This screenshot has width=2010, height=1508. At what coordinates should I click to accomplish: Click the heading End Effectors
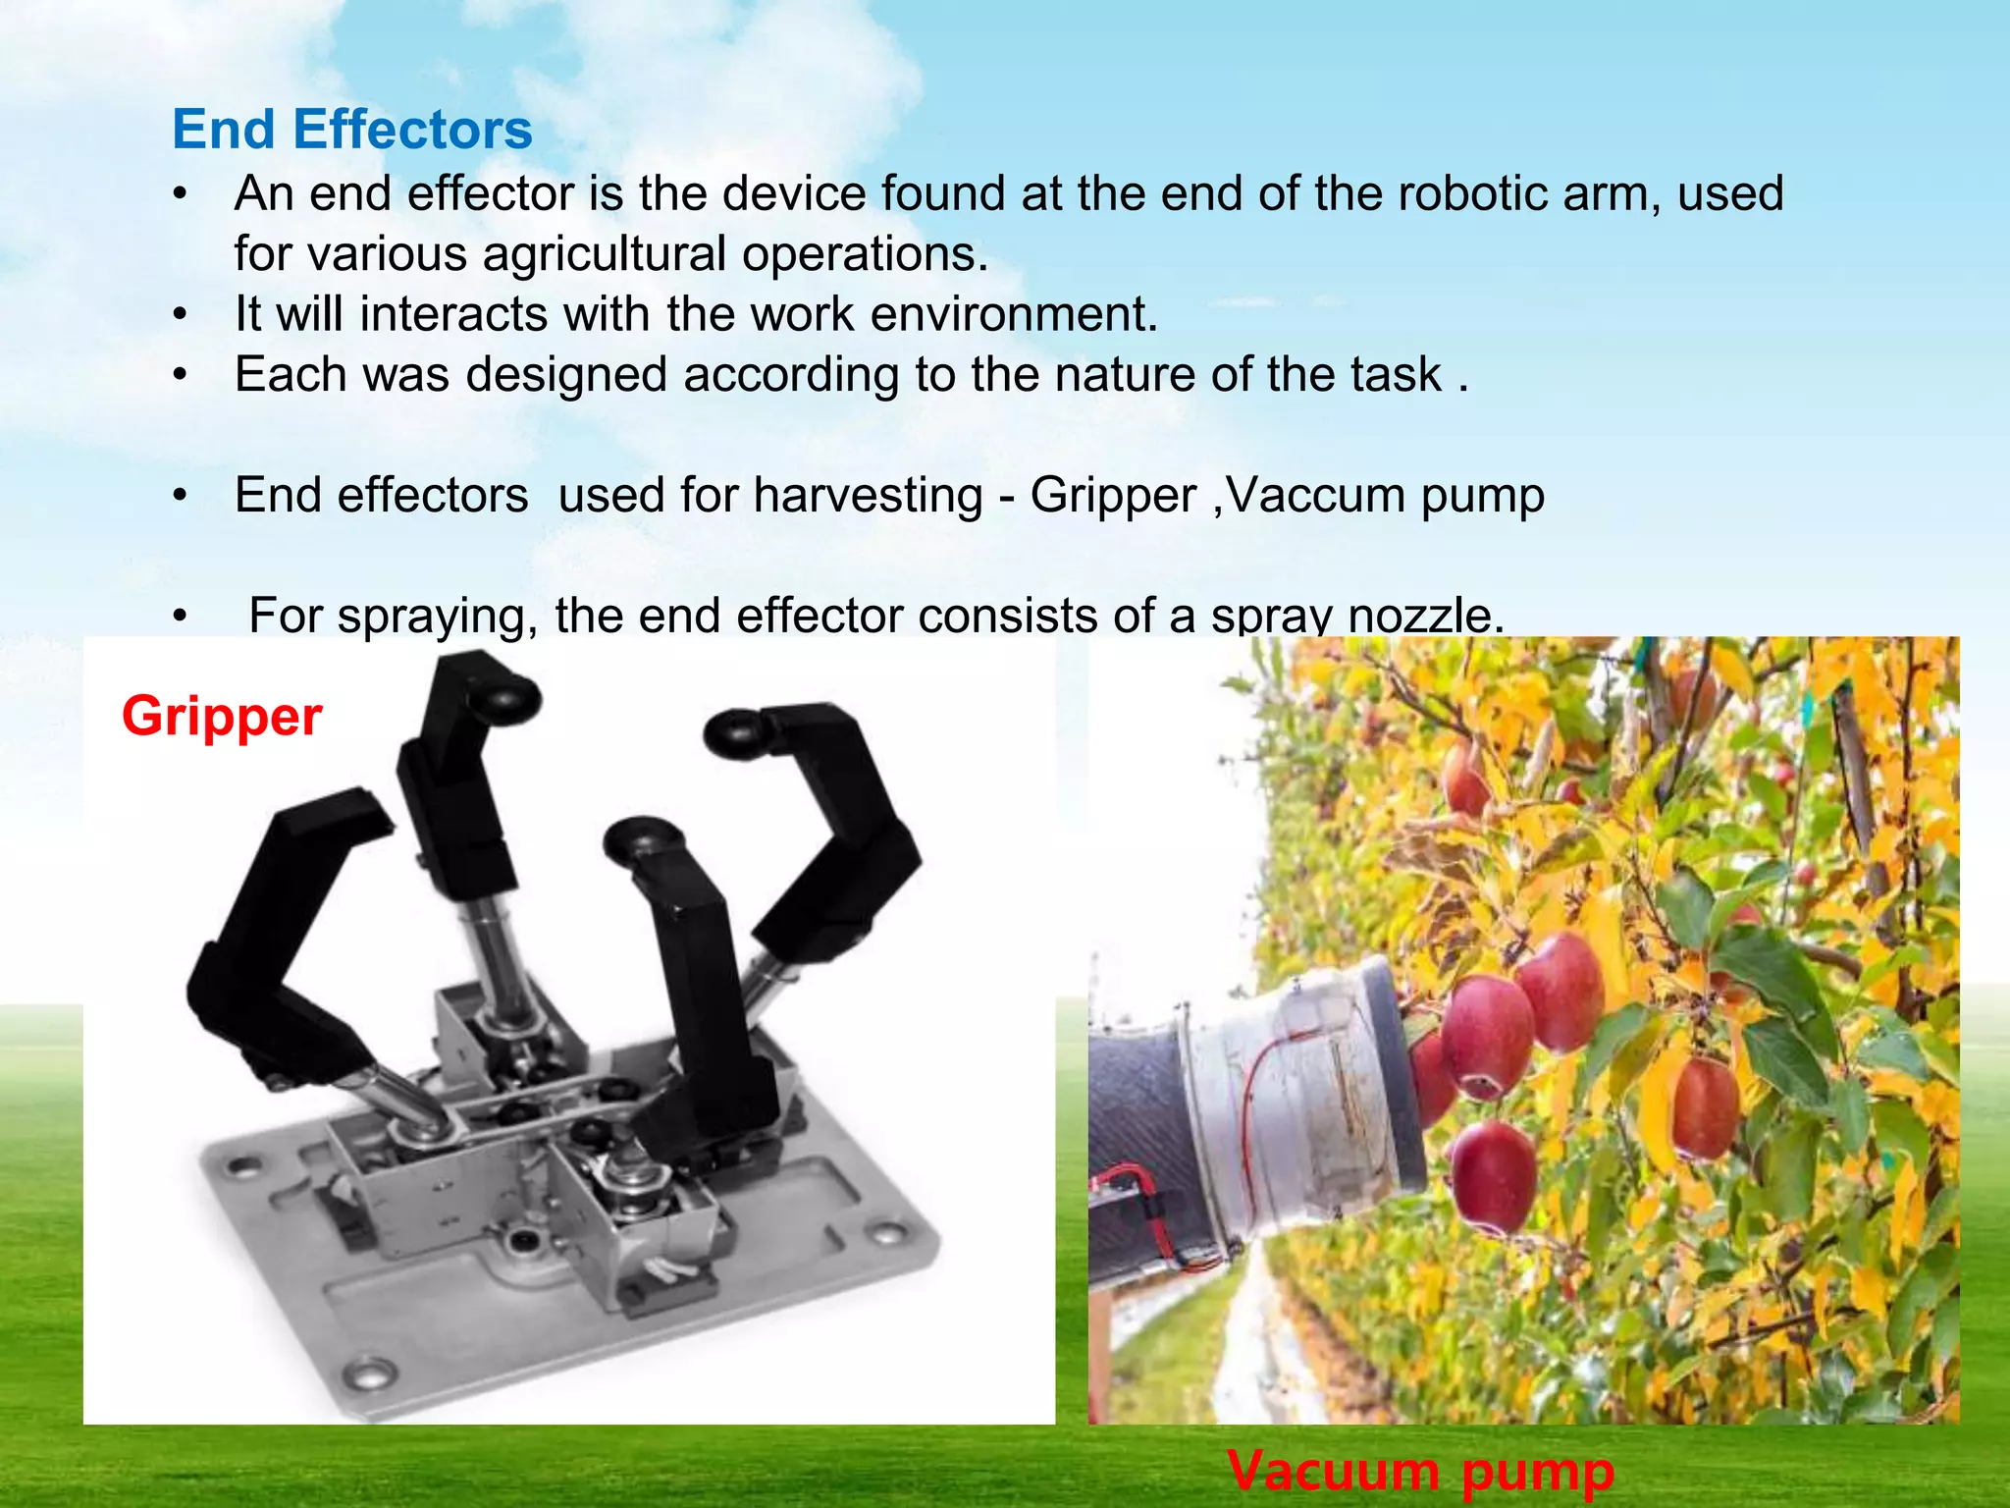click(351, 130)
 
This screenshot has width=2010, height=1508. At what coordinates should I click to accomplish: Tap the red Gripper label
click(222, 716)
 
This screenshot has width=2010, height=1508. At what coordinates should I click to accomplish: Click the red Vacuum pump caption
click(1419, 1471)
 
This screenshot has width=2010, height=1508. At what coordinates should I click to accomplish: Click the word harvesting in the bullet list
click(868, 496)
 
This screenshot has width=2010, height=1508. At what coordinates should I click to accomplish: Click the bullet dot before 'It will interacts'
click(180, 316)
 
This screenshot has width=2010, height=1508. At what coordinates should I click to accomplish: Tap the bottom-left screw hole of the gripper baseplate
click(372, 1373)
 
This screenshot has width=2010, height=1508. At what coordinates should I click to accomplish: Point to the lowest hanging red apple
click(1493, 1178)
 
